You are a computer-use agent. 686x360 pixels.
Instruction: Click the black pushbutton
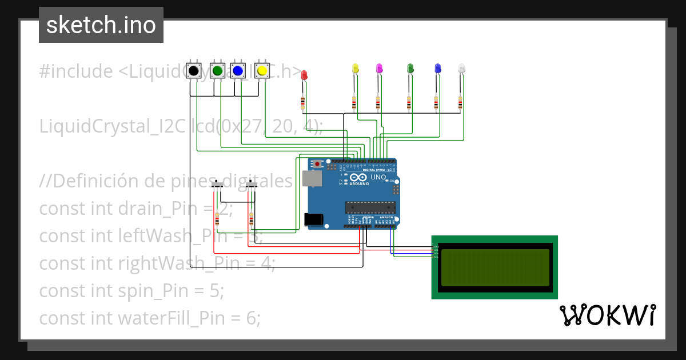pyautogui.click(x=194, y=71)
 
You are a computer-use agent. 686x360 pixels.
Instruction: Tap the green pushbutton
pyautogui.click(x=217, y=71)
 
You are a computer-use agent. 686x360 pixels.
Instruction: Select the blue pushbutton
pyautogui.click(x=238, y=71)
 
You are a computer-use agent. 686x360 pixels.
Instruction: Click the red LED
pyautogui.click(x=304, y=75)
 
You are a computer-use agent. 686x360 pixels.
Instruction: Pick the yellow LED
pyautogui.click(x=355, y=69)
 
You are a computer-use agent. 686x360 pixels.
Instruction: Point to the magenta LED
pyautogui.click(x=378, y=69)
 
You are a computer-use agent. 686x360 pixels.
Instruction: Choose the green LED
pyautogui.click(x=410, y=69)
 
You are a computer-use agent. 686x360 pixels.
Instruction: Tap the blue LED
pyautogui.click(x=437, y=69)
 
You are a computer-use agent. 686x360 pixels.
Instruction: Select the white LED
pyautogui.click(x=462, y=69)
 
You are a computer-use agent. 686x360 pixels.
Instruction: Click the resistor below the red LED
pyautogui.click(x=303, y=103)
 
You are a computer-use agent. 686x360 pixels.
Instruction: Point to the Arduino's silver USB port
pyautogui.click(x=312, y=178)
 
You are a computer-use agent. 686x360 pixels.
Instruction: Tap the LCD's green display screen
pyautogui.click(x=494, y=267)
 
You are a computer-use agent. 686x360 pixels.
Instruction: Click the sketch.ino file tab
pyautogui.click(x=101, y=25)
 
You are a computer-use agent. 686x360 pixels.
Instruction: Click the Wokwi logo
pyautogui.click(x=607, y=315)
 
